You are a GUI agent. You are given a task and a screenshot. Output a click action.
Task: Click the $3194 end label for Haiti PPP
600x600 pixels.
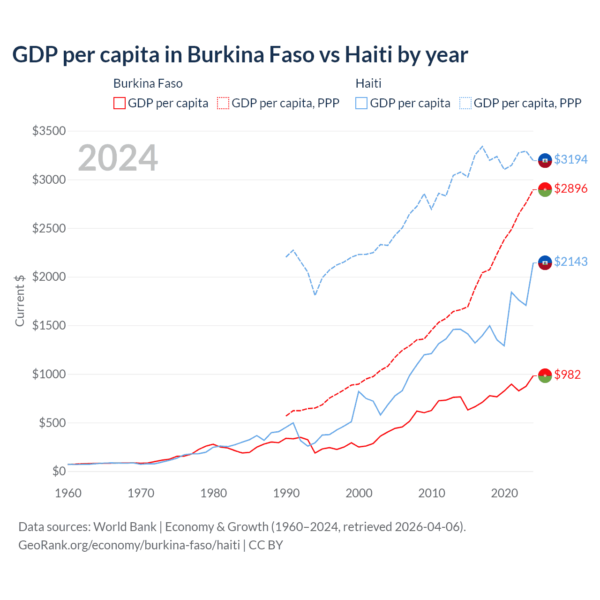point(570,159)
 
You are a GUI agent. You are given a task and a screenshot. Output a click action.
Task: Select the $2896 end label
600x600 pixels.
point(570,188)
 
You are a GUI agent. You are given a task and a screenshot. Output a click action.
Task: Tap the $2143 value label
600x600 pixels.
point(570,262)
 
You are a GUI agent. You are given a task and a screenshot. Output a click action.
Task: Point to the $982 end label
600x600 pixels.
point(567,375)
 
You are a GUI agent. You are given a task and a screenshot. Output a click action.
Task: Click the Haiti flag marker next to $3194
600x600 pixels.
point(545,160)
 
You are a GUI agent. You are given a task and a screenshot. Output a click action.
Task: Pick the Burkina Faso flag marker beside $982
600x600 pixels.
point(545,375)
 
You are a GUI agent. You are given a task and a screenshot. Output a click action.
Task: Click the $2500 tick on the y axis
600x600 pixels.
point(49,228)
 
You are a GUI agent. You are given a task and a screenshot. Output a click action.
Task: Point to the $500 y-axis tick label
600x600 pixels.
point(52,423)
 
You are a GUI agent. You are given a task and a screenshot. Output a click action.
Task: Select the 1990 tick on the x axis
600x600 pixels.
point(286,493)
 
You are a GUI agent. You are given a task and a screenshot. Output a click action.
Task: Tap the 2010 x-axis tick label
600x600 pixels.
point(431,493)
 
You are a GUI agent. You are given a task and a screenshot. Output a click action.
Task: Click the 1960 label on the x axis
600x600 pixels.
point(68,493)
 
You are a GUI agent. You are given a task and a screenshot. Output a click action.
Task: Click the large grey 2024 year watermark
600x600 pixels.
point(118,158)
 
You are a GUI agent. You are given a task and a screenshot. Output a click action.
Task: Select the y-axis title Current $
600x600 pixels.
point(20,300)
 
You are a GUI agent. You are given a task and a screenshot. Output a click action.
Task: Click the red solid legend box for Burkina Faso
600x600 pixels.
point(120,103)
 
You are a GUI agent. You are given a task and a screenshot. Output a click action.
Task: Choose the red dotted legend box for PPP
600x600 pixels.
point(223,103)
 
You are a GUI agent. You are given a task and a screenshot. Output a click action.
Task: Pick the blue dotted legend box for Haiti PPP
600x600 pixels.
point(465,103)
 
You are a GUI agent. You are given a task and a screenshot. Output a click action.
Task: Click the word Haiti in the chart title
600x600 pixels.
point(368,55)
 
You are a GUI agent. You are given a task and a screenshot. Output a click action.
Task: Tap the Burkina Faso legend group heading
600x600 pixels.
point(148,83)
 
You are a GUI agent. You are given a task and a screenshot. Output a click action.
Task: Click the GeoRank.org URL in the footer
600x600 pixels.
point(129,545)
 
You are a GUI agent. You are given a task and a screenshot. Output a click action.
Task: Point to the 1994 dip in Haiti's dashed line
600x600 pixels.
point(315,295)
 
